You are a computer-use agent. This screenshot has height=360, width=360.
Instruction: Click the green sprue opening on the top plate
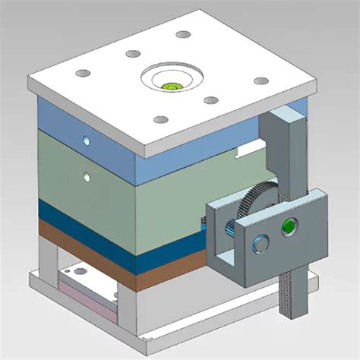[x=172, y=85]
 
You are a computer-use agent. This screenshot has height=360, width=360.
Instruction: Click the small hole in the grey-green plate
[x=87, y=177]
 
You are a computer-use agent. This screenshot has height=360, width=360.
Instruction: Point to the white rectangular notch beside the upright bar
[x=248, y=150]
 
